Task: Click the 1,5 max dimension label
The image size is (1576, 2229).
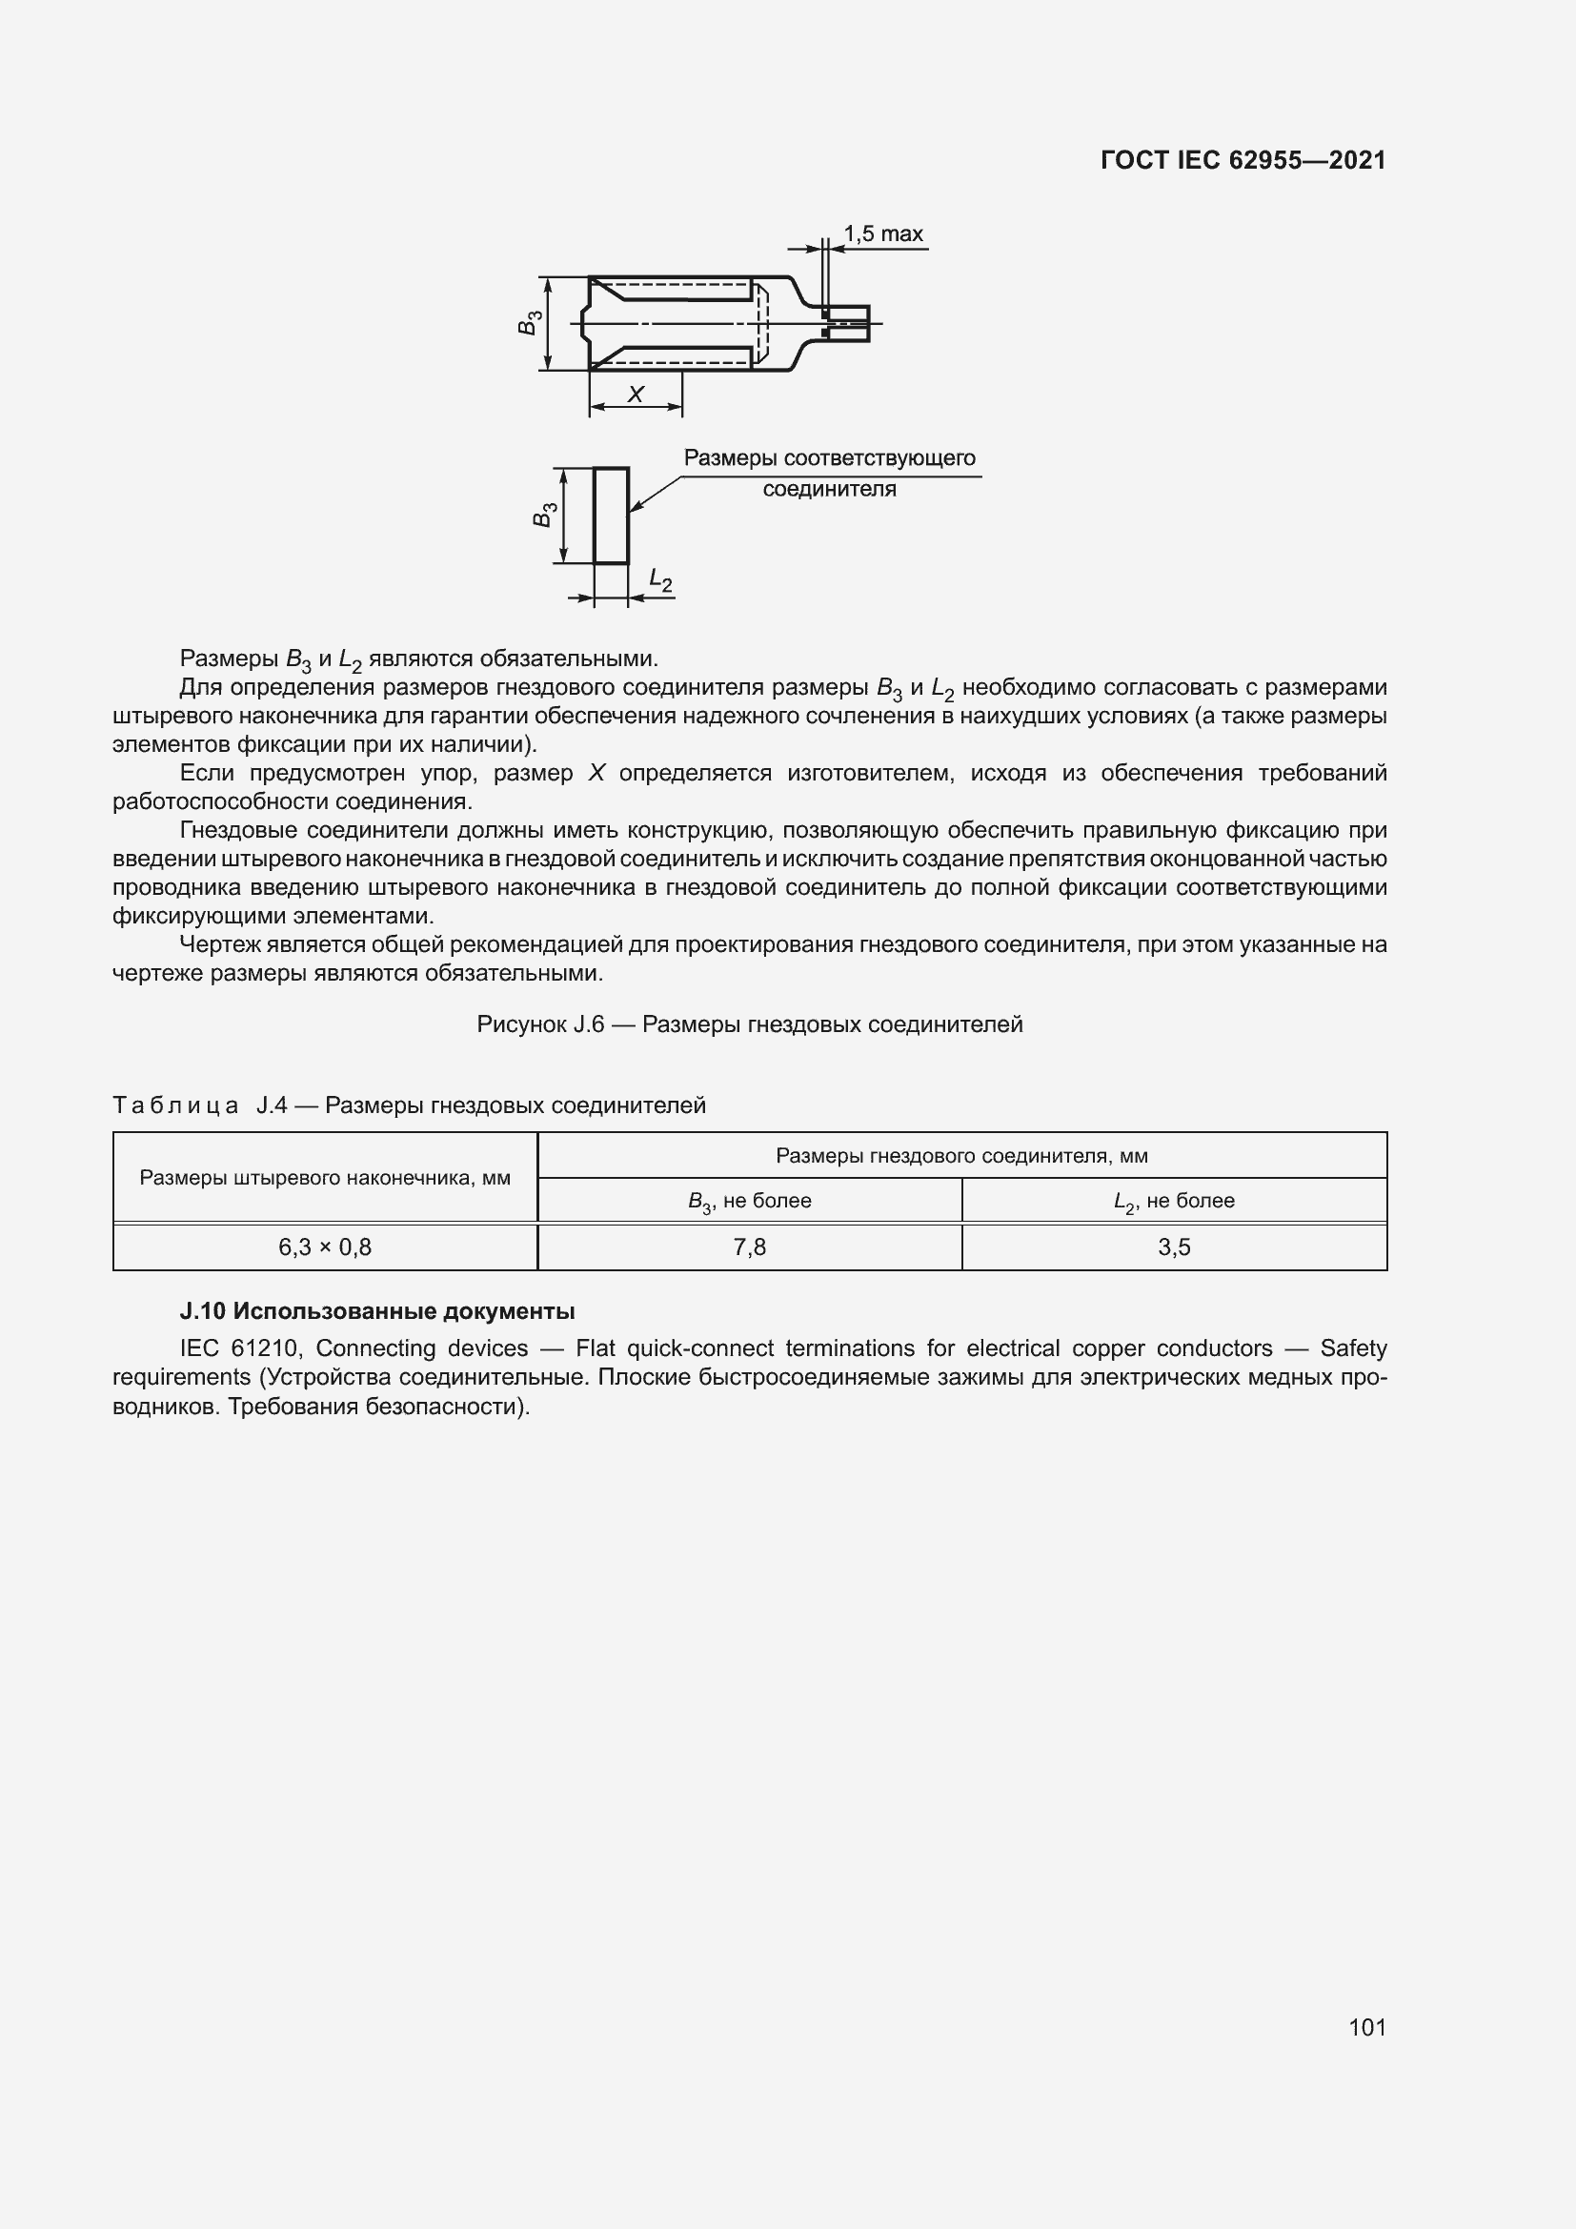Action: coord(882,234)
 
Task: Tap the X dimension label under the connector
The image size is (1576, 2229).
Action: coord(636,395)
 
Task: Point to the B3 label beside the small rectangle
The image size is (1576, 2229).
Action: coord(544,516)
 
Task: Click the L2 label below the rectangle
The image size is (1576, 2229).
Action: coord(661,581)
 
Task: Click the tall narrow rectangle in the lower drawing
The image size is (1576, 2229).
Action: coord(611,516)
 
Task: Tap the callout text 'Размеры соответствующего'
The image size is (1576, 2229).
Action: coord(829,458)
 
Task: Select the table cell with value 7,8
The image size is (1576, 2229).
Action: coord(749,1247)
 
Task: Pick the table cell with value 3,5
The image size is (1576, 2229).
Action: coord(1173,1247)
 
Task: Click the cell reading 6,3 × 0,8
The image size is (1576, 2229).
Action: coord(325,1247)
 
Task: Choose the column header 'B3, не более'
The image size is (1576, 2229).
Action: coord(749,1201)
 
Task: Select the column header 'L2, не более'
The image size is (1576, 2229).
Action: coord(1173,1201)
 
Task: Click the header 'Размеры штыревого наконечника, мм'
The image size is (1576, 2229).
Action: coord(325,1178)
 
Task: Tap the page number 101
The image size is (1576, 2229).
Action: coord(1366,2027)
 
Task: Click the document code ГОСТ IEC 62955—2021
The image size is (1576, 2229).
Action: coord(1243,161)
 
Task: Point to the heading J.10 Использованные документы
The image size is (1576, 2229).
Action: coord(377,1311)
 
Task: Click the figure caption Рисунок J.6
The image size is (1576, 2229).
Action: coord(749,1024)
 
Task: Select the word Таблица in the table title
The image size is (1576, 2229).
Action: coord(175,1105)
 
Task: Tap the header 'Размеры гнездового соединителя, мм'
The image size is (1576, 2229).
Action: coord(960,1155)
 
